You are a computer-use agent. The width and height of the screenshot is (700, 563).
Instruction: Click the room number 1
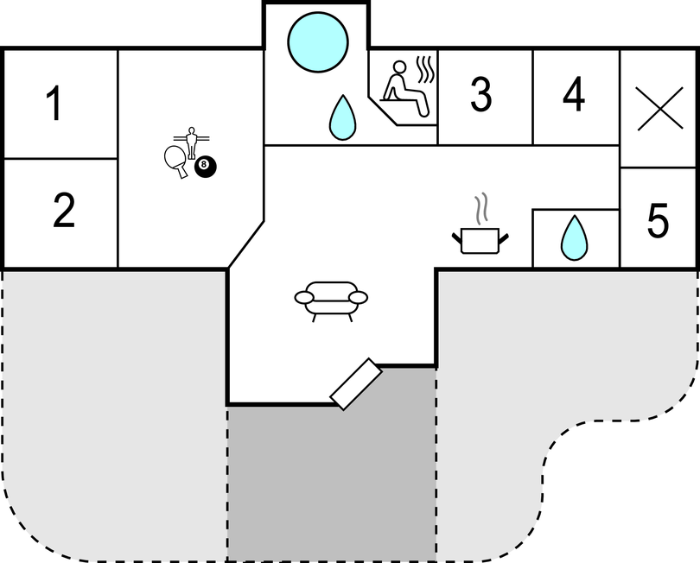pyautogui.click(x=54, y=104)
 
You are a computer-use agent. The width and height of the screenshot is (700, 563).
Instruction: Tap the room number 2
pyautogui.click(x=64, y=210)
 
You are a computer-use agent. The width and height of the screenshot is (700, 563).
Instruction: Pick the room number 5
pyautogui.click(x=658, y=220)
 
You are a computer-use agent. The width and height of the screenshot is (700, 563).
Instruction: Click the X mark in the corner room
pyautogui.click(x=660, y=109)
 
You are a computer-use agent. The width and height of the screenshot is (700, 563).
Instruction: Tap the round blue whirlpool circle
pyautogui.click(x=318, y=42)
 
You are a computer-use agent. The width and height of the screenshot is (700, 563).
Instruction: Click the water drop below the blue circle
pyautogui.click(x=342, y=117)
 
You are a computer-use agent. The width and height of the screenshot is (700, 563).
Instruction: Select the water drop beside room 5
pyautogui.click(x=574, y=237)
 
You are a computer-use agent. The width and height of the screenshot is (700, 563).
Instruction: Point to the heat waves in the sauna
pyautogui.click(x=425, y=70)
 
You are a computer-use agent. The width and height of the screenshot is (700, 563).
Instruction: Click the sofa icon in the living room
pyautogui.click(x=331, y=301)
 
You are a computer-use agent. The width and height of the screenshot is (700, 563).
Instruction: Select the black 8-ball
pyautogui.click(x=206, y=167)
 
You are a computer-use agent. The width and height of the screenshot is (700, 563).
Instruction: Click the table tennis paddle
pyautogui.click(x=175, y=161)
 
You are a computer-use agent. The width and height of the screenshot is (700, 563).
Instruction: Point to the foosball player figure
pyautogui.click(x=192, y=142)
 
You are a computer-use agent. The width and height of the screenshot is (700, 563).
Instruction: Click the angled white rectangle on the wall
pyautogui.click(x=356, y=384)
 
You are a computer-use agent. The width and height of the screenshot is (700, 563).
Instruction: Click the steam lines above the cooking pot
pyautogui.click(x=480, y=209)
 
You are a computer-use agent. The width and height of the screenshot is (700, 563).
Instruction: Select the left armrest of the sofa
pyautogui.click(x=304, y=298)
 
